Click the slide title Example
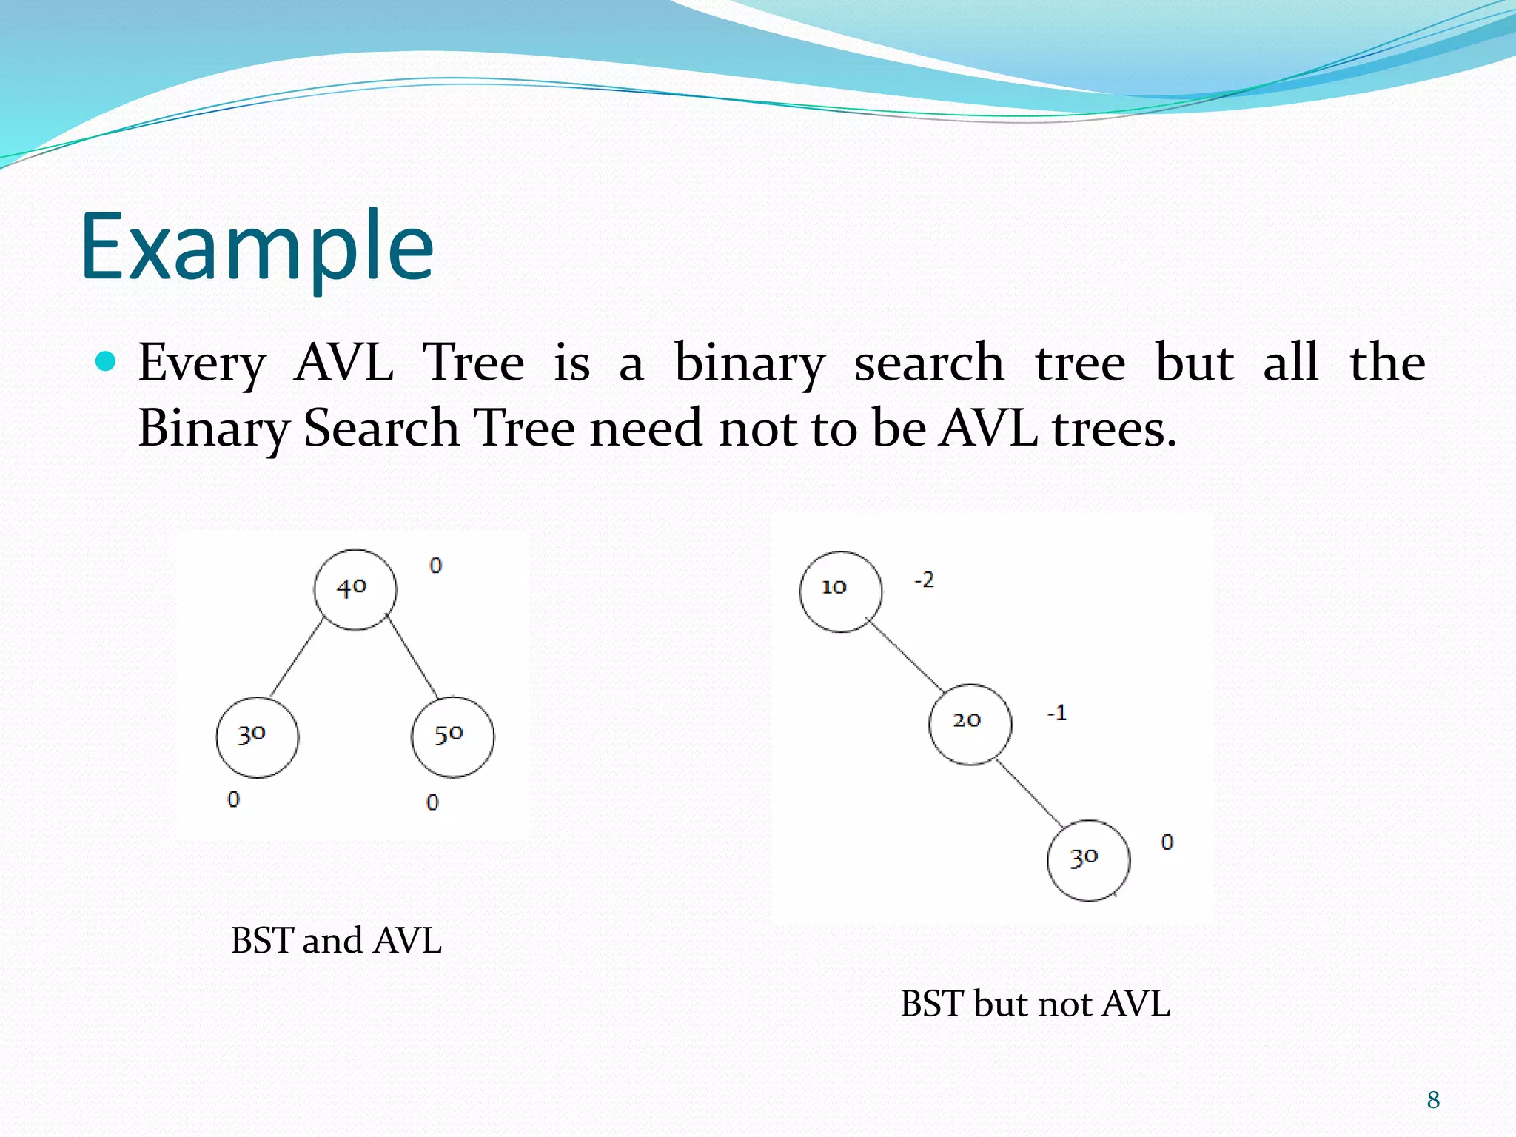(x=257, y=247)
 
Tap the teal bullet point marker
(x=107, y=361)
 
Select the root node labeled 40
(x=355, y=590)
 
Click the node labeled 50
(x=452, y=737)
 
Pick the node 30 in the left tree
(x=257, y=737)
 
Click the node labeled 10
(x=840, y=591)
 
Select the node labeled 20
(x=970, y=723)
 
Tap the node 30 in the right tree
(x=1088, y=860)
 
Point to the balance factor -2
(x=924, y=580)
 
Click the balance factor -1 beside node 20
(x=1056, y=713)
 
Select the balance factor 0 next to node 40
(x=435, y=566)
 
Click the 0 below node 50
(x=432, y=802)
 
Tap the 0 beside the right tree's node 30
(x=1167, y=842)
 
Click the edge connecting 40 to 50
(x=412, y=656)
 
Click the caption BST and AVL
(x=336, y=941)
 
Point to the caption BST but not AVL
(x=1035, y=1004)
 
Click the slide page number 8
(x=1433, y=1100)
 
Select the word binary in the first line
(x=749, y=363)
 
